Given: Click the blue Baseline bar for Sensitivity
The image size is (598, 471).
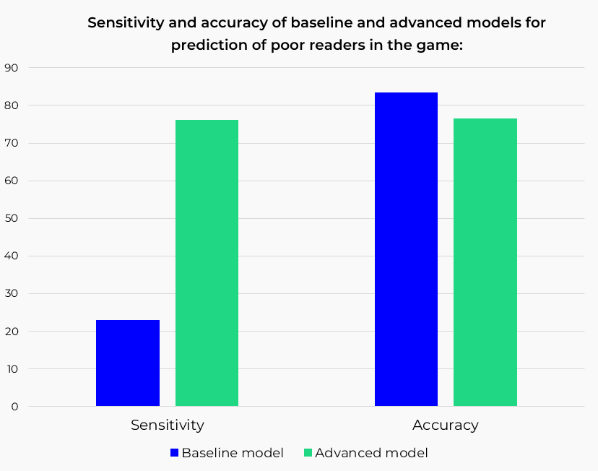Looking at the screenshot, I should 128,363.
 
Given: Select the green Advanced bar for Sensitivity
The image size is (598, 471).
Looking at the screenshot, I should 207,263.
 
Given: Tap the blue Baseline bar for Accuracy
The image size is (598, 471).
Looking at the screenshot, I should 406,249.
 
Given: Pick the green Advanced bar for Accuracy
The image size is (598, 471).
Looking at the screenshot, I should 485,262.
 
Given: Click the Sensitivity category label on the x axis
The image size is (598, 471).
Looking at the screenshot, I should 167,425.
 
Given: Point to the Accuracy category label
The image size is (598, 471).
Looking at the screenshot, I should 445,425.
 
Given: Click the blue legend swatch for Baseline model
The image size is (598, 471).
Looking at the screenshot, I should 174,453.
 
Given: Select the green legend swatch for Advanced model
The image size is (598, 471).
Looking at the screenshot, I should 308,453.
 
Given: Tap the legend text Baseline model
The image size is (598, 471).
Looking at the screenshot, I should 233,453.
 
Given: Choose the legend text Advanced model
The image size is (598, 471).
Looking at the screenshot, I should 371,453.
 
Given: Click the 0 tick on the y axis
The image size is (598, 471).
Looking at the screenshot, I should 14,407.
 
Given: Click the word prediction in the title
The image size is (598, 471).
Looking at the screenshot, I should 207,45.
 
